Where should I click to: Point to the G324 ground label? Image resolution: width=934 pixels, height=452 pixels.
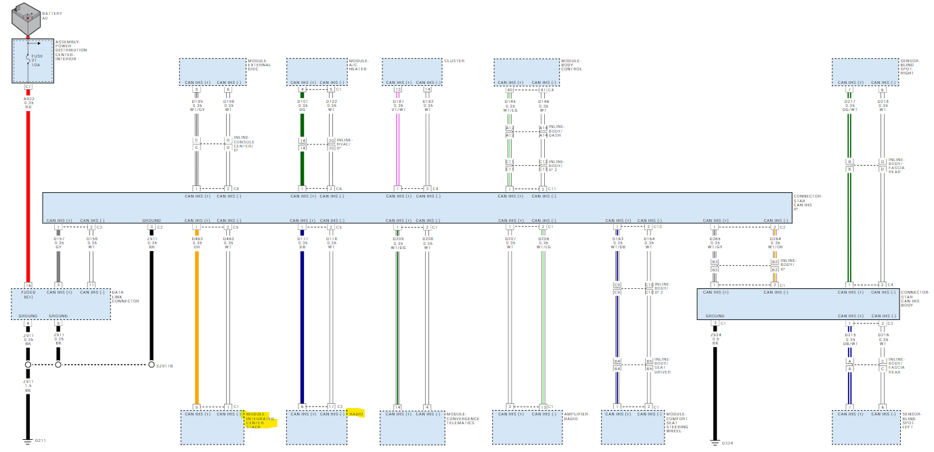coord(727,443)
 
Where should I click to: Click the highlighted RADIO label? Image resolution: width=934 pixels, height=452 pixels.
coord(356,413)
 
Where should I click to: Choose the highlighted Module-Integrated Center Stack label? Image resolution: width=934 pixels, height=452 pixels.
coord(255,420)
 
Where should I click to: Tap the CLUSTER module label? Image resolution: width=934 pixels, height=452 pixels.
coord(454,61)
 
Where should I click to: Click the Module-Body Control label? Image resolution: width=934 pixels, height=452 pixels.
coord(571,65)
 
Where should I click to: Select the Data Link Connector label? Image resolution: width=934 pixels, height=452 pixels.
coord(125,296)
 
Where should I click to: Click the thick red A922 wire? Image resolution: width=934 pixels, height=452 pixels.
coord(28,196)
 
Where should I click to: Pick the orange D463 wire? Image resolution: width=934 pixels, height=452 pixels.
coord(196,325)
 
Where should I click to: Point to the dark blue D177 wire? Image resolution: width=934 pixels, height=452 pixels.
coord(302,325)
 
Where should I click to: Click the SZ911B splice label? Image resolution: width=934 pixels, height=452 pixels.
coord(164,365)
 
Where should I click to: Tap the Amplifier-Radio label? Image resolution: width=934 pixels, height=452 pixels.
coord(577,415)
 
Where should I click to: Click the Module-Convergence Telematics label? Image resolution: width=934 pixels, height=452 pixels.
coord(463,418)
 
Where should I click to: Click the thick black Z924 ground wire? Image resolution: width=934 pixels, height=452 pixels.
coord(714,386)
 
